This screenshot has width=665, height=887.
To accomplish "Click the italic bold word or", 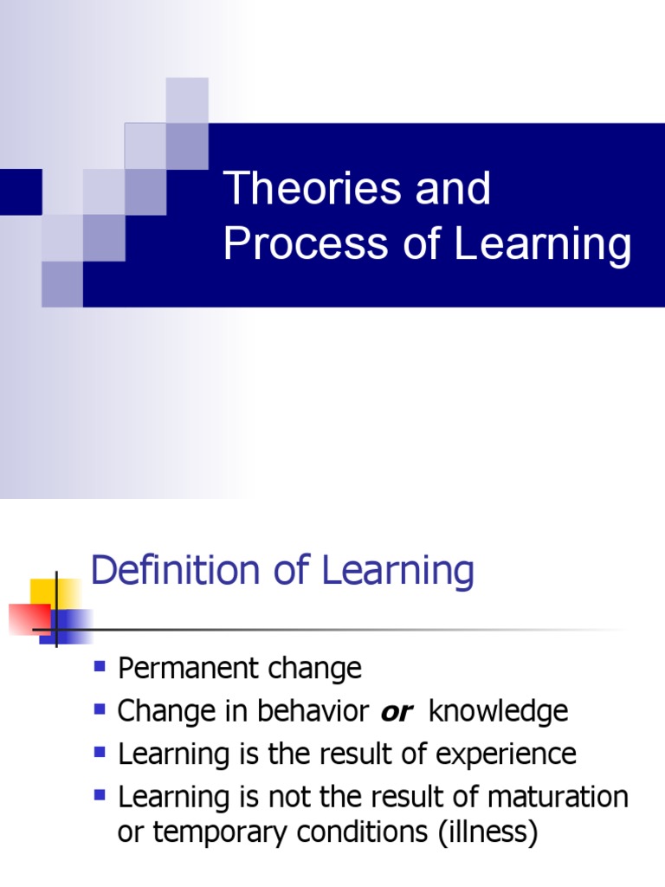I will pos(395,712).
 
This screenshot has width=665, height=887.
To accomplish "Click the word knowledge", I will pos(499,711).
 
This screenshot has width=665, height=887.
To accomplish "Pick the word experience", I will pos(506,754).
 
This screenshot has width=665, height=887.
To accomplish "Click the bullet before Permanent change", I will pos(100,666).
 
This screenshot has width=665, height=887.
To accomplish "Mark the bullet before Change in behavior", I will pos(100,709).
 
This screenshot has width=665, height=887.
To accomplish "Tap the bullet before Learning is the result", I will pos(100,751).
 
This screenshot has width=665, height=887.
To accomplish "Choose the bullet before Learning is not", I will pos(100,793).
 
